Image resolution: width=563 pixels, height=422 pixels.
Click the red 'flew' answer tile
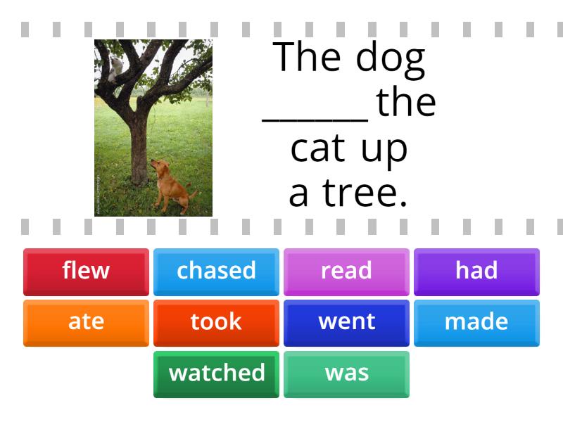[86, 271]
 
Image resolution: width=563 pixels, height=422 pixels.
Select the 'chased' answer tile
[216, 271]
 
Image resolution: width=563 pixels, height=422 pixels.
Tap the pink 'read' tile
[346, 271]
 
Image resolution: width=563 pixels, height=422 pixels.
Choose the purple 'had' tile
[476, 271]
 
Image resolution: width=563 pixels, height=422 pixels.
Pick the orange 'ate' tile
[86, 322]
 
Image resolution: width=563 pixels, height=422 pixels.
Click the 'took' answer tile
[216, 322]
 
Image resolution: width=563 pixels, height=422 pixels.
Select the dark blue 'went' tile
[346, 322]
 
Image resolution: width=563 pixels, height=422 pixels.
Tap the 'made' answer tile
[476, 322]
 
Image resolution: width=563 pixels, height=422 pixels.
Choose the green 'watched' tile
[216, 373]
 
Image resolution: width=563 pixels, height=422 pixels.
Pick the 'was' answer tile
[346, 373]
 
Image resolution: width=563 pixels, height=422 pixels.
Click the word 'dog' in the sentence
[390, 59]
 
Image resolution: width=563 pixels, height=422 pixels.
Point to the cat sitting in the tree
[115, 67]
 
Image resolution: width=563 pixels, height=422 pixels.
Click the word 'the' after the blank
[406, 103]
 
